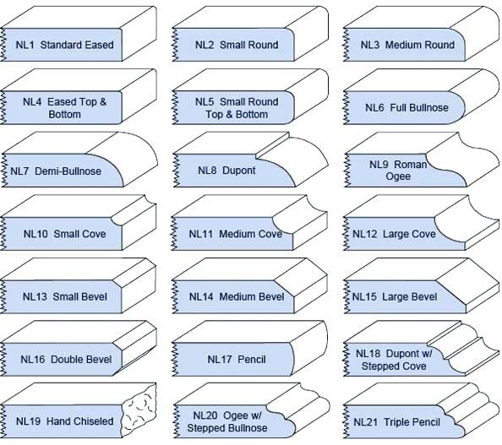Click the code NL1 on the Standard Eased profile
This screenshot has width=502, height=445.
25,45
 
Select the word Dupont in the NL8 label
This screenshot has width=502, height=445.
239,171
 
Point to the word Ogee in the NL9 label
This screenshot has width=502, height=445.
398,176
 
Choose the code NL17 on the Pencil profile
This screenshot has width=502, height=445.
219,360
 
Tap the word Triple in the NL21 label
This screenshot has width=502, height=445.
396,422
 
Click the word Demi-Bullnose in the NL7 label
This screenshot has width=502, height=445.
68,171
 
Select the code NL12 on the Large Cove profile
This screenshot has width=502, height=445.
364,234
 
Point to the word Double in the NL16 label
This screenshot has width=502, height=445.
65,360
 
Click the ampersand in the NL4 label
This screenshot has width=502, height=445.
103,102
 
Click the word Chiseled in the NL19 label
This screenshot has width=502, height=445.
95,421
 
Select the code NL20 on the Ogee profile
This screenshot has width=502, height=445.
205,415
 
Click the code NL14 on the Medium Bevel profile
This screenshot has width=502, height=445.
201,297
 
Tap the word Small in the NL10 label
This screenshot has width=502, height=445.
66,234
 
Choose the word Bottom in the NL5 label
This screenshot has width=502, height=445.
251,115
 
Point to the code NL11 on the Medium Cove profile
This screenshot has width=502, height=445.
201,234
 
